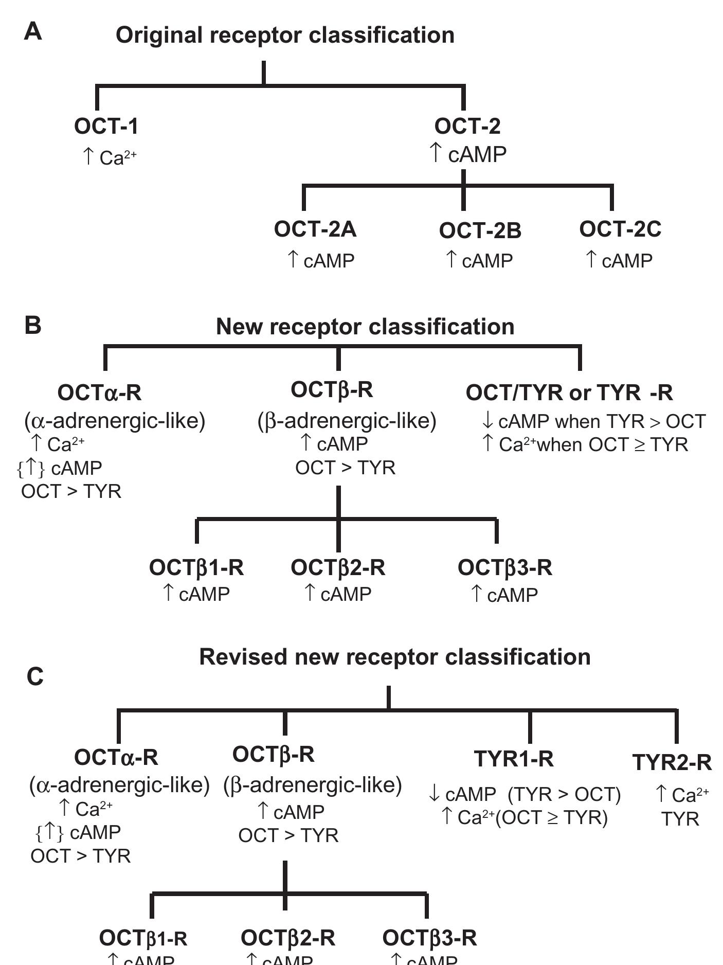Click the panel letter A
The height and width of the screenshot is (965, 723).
coord(33,32)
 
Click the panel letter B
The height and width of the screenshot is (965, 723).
coord(33,326)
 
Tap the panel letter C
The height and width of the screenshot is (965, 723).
coord(35,677)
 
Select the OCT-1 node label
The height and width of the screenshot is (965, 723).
coord(106,127)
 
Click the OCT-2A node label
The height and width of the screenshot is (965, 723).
coord(315,229)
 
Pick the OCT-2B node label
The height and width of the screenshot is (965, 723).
coord(480,231)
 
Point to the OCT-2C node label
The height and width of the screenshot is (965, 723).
coord(620,229)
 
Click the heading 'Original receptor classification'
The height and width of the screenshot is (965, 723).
coord(285,35)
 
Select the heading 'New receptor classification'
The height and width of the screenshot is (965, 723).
coord(365,327)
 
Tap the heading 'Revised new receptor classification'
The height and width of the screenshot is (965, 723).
coord(394,657)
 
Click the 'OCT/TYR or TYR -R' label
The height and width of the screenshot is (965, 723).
coord(569,393)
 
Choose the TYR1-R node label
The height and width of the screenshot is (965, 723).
coord(514,759)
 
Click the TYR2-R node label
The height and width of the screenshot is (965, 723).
coord(672,762)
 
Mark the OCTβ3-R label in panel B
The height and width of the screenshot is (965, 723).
coord(504,568)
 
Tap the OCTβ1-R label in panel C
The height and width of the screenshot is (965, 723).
coord(143,938)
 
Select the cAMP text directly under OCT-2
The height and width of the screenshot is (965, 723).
coord(477,154)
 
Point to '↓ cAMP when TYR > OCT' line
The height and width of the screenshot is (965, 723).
coord(593,421)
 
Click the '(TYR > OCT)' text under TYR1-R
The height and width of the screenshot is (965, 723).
coord(564,794)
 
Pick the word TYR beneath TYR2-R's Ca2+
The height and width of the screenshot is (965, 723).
coord(680,818)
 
